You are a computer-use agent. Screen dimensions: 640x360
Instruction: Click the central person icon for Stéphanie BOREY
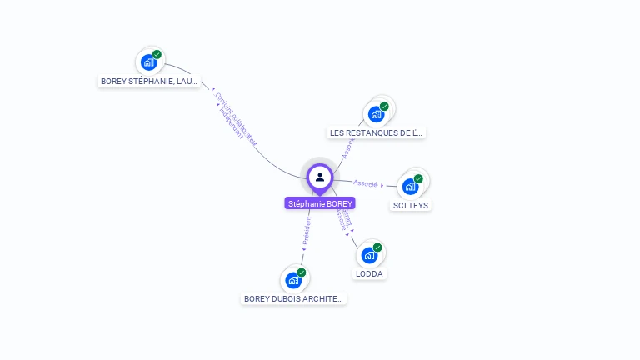(320, 177)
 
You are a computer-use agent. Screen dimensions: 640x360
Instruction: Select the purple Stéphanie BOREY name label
(320, 203)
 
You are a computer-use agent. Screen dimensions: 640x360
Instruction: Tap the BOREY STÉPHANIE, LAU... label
(149, 82)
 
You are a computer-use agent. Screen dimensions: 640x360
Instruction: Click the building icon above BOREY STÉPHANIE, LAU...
(149, 62)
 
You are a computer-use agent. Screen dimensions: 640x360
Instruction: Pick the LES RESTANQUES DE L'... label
(377, 132)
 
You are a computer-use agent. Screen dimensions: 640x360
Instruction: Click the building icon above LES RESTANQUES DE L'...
(377, 113)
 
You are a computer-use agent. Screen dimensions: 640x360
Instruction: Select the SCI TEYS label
(411, 205)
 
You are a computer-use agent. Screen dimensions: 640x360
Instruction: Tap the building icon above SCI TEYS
(411, 186)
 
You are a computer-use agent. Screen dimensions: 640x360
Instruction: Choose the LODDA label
(370, 273)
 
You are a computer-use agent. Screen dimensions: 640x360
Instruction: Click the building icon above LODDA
(370, 254)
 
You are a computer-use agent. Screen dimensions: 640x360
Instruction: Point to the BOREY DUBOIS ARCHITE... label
(293, 298)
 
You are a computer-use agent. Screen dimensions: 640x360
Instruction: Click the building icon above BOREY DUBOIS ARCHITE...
(293, 279)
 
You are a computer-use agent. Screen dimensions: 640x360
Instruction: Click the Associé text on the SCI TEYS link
(365, 183)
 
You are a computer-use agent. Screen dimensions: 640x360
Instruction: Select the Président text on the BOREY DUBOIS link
(307, 231)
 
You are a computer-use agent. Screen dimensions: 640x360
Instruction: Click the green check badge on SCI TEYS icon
(418, 178)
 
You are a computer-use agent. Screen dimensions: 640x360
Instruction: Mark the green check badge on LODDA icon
(377, 247)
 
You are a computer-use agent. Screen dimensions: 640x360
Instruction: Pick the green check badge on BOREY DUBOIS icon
(302, 272)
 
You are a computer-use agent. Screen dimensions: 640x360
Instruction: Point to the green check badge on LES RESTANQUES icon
(384, 107)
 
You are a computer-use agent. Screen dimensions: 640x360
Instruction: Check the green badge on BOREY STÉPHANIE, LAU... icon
(157, 55)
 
